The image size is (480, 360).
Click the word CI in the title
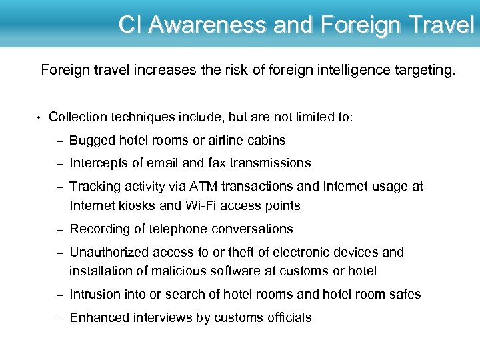click(131, 25)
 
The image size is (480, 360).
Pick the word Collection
click(78, 117)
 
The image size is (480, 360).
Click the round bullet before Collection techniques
click(39, 117)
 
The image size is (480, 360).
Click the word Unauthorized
click(109, 252)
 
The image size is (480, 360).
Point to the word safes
click(405, 294)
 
